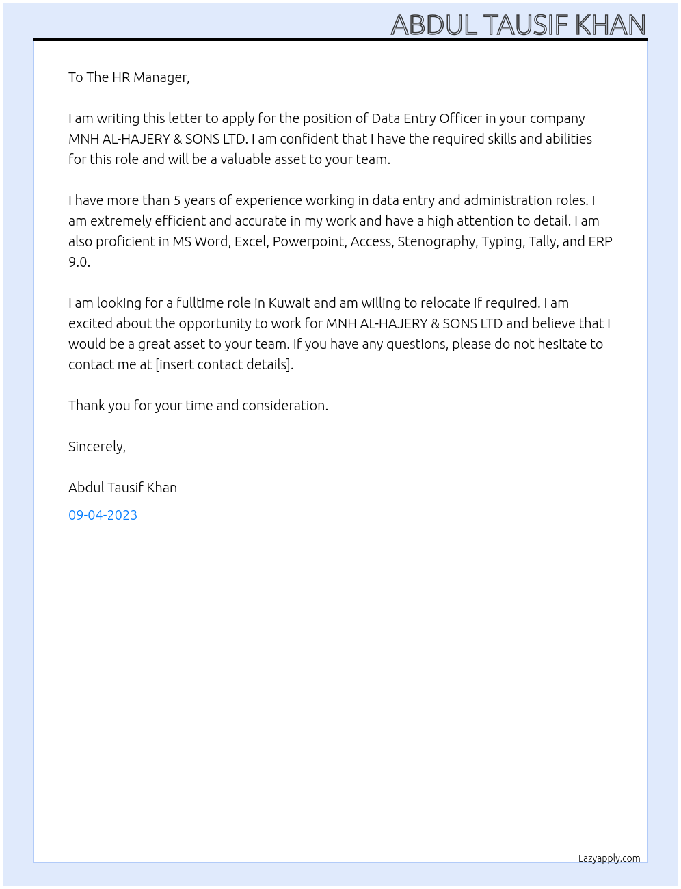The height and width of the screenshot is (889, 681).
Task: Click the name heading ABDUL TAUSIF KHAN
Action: tap(518, 25)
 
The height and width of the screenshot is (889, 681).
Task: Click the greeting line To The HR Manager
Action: tap(129, 77)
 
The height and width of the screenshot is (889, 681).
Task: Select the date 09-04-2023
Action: tap(103, 515)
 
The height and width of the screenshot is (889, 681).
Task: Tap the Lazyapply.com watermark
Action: tap(609, 858)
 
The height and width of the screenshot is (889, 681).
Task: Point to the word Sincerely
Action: tap(96, 447)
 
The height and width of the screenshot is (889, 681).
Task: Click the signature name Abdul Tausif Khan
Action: tap(122, 488)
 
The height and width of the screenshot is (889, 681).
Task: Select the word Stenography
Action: tap(436, 241)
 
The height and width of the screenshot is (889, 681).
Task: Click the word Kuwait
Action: tap(289, 303)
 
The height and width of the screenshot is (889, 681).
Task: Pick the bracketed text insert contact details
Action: tap(224, 364)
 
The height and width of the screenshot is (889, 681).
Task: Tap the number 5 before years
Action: tap(177, 200)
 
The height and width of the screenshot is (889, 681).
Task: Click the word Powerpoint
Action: tap(310, 241)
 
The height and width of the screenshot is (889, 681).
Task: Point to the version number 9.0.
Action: tap(79, 262)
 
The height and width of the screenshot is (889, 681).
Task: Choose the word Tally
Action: tap(543, 241)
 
